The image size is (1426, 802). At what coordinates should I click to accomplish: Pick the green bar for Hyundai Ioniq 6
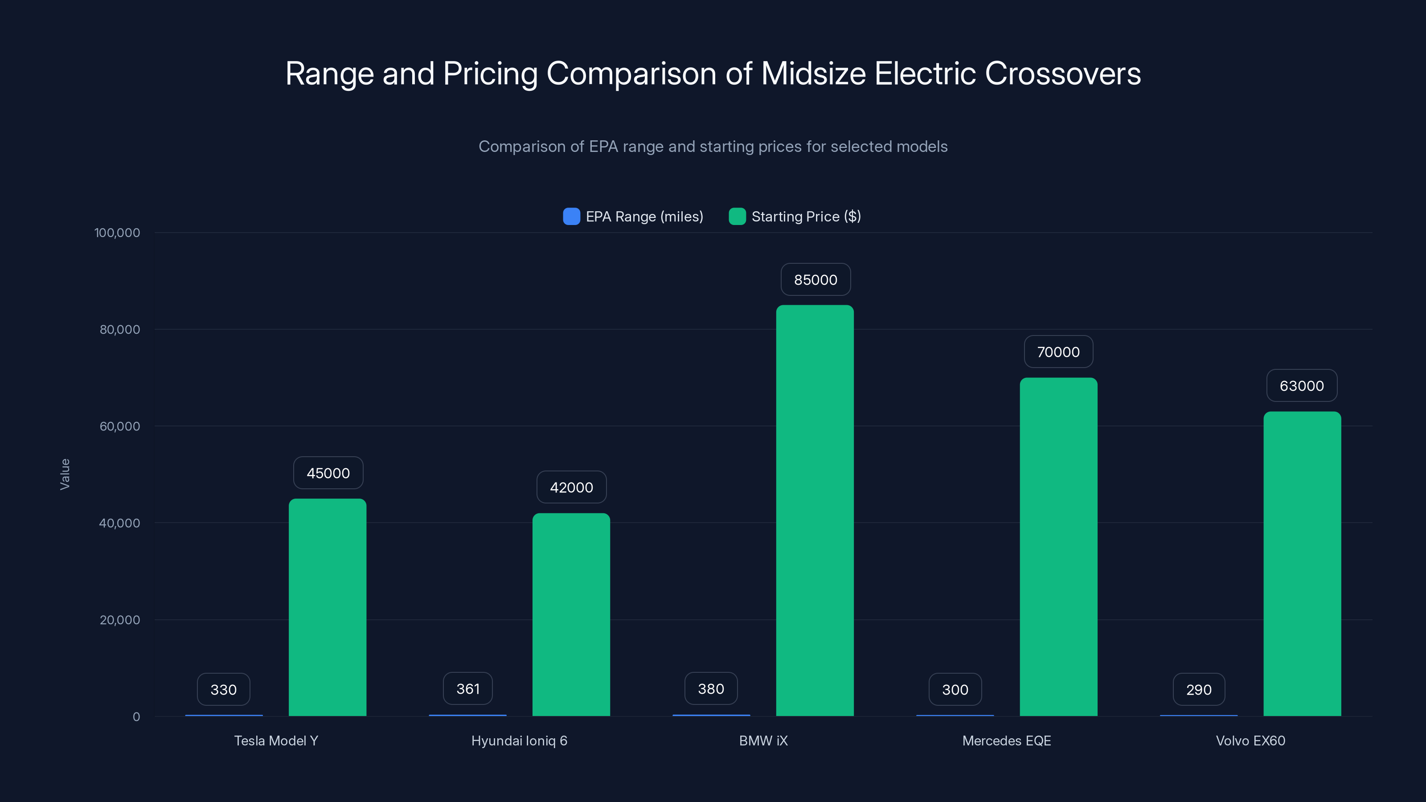coord(571,614)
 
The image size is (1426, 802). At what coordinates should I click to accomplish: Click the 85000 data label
coord(815,279)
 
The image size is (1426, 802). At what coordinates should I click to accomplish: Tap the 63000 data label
coord(1301,386)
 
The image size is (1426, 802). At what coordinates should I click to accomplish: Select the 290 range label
coord(1198,690)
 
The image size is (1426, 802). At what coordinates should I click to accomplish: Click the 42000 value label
coord(571,487)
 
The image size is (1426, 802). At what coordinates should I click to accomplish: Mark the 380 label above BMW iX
coord(710,688)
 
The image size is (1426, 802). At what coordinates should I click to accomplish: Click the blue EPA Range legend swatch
coord(571,217)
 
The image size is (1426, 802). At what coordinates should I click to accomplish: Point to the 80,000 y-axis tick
coord(119,329)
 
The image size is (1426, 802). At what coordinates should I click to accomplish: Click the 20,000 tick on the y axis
coord(119,620)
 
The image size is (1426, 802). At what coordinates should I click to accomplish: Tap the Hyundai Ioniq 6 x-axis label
coord(519,741)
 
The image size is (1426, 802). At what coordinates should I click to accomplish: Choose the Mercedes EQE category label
coord(1006,741)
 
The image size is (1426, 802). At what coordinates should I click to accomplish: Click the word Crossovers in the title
coord(1062,74)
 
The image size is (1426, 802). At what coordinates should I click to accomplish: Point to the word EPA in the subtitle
coord(602,147)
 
